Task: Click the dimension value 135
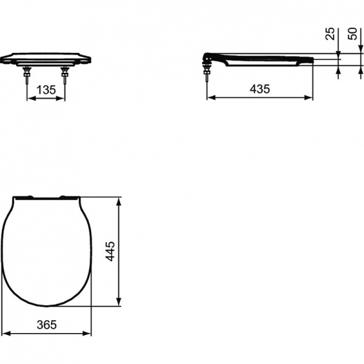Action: pos(45,90)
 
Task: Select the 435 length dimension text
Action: pos(260,89)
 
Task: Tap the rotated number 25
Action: pos(329,33)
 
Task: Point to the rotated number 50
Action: pos(352,33)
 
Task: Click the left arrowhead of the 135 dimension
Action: pos(29,98)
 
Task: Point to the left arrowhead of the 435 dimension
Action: pos(210,96)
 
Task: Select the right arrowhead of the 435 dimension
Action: pos(310,96)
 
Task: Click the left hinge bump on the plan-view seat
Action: pos(25,196)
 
